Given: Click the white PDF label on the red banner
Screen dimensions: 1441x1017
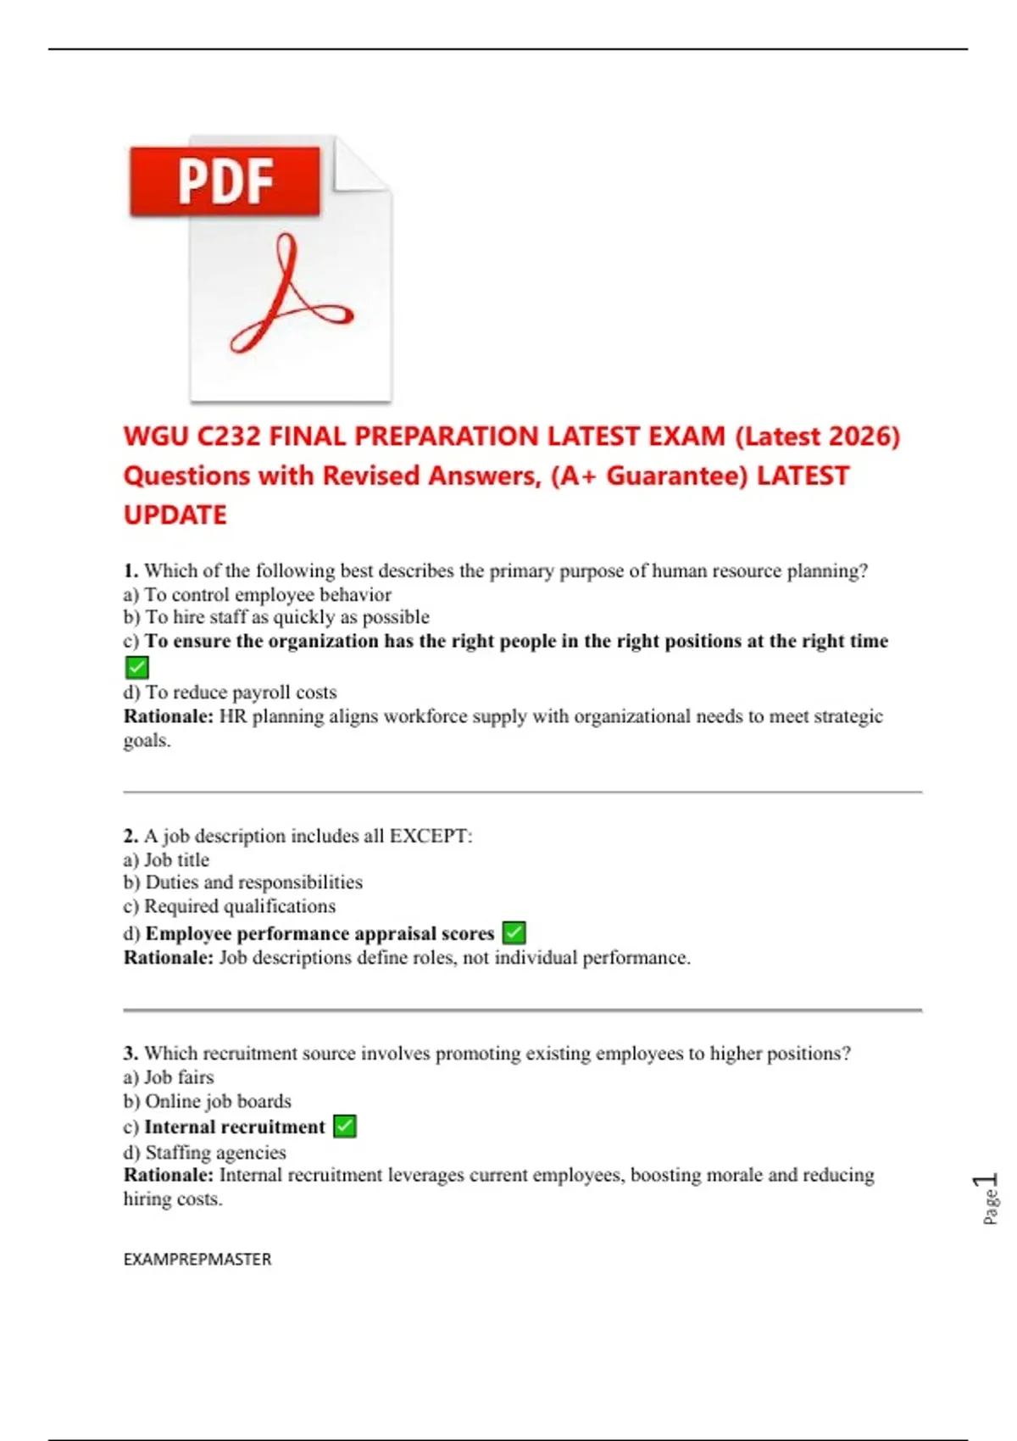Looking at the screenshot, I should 225,181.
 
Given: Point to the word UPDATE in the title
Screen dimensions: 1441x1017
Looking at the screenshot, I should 175,515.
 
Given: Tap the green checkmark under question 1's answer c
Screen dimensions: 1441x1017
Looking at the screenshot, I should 136,667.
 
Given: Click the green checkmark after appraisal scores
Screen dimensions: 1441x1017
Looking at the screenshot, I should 514,932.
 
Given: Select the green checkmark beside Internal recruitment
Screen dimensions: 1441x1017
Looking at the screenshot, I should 345,1127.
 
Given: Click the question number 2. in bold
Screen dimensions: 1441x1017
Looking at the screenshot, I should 131,836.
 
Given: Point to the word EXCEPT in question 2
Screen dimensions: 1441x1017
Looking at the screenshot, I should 430,836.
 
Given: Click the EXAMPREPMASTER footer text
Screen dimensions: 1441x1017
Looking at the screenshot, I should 197,1260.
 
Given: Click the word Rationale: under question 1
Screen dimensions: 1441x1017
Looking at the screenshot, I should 169,716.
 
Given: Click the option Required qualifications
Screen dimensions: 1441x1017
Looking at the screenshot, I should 240,906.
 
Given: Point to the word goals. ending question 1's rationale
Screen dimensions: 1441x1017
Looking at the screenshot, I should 147,741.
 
